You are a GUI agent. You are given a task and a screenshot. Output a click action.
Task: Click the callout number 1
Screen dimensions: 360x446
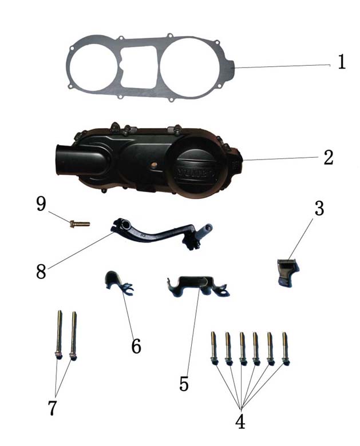point(342,62)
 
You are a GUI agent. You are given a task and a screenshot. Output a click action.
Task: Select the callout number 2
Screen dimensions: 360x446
point(329,157)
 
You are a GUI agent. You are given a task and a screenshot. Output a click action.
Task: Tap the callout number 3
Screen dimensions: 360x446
point(319,208)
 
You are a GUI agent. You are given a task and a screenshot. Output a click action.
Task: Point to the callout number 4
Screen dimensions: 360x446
point(240,421)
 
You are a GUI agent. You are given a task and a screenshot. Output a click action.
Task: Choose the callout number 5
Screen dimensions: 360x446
point(184,384)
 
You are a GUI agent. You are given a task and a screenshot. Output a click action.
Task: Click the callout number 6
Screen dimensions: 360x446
point(136,346)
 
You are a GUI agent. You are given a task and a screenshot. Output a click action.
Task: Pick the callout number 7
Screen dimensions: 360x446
point(52,408)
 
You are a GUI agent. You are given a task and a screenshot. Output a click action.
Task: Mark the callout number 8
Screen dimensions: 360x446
point(41,271)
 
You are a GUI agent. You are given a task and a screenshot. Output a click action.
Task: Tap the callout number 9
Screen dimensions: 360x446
point(41,204)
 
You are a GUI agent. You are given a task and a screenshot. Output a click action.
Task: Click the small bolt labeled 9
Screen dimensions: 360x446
point(80,224)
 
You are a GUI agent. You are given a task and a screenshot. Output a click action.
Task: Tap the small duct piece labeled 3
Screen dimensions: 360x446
point(288,272)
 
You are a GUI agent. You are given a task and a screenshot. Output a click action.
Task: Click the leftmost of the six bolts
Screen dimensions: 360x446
point(213,348)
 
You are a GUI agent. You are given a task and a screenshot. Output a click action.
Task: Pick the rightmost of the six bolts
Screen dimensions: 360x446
point(286,348)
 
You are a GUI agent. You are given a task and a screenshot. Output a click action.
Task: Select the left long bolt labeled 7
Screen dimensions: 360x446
point(59,335)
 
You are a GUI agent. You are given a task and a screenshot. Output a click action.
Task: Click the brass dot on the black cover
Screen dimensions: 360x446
point(154,164)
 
